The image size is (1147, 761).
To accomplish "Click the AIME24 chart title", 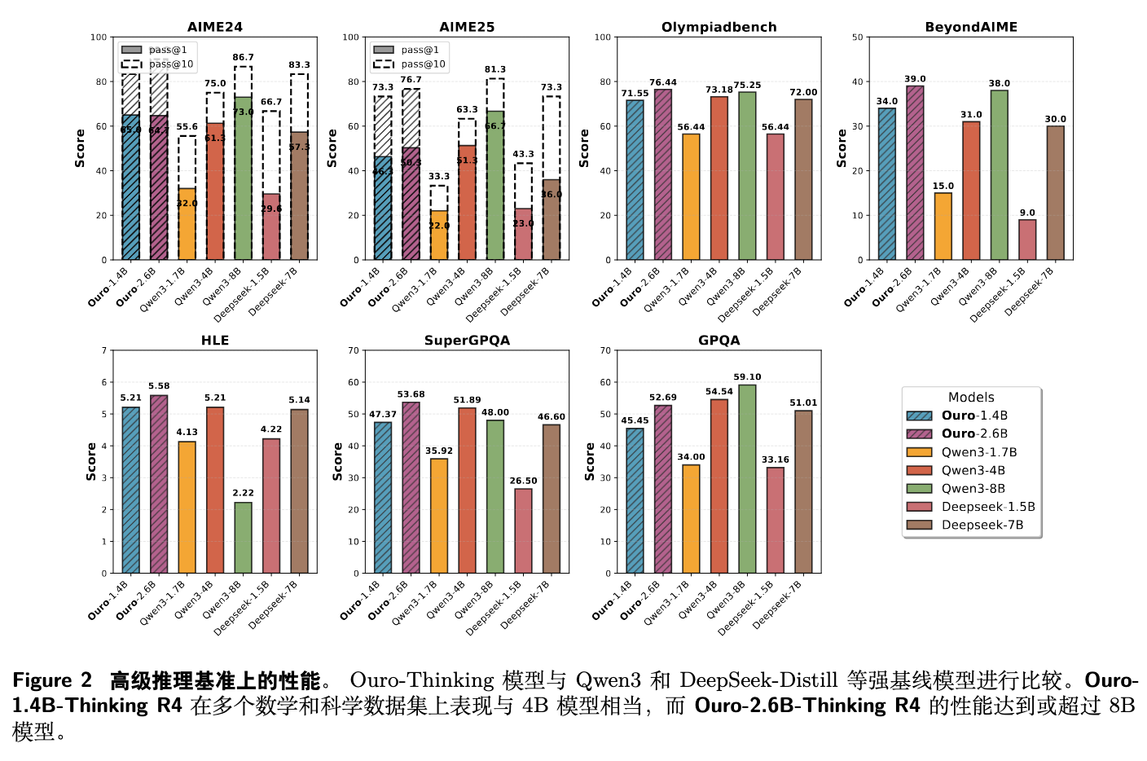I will (x=215, y=27).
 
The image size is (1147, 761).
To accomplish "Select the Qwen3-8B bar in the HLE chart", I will (x=243, y=538).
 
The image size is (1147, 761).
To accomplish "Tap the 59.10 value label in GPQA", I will (x=747, y=377).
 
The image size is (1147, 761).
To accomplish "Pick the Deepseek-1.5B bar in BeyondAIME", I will (x=1027, y=240).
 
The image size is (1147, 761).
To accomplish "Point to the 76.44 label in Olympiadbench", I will (x=663, y=82).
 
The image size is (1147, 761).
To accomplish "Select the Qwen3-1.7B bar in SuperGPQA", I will (x=439, y=516).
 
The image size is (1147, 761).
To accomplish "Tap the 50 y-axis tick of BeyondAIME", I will (x=857, y=37).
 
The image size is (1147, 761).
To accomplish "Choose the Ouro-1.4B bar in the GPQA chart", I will (x=635, y=500).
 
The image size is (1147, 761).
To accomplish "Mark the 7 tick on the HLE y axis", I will (x=104, y=350).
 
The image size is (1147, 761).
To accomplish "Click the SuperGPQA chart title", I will (x=467, y=341).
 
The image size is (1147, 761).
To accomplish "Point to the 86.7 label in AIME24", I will (x=243, y=58).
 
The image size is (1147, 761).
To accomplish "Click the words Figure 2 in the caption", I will (x=52, y=680).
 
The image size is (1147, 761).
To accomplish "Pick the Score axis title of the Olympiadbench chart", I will (x=584, y=148).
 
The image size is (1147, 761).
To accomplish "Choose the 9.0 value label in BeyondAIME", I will (x=1027, y=213).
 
